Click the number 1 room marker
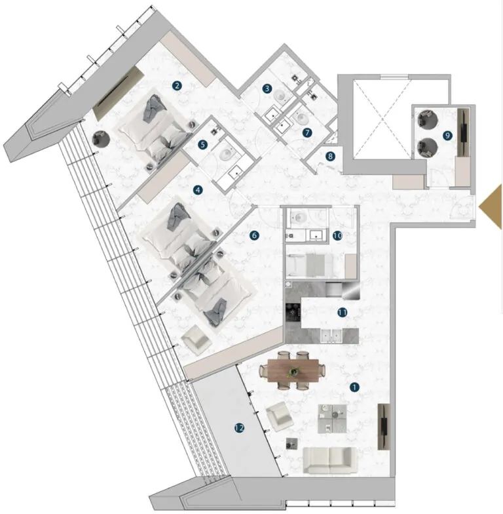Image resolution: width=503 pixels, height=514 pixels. pyautogui.click(x=355, y=387)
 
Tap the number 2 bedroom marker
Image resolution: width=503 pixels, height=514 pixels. pyautogui.click(x=176, y=85)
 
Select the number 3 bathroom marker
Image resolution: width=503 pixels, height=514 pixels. pyautogui.click(x=267, y=89)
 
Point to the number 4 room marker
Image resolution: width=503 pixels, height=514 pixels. pyautogui.click(x=198, y=190)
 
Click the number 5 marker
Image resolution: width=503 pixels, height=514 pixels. pyautogui.click(x=203, y=144)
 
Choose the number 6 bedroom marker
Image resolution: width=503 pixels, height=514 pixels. pyautogui.click(x=255, y=234)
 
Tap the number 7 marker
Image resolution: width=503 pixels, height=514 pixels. pyautogui.click(x=307, y=132)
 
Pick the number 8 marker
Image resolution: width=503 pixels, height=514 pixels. pyautogui.click(x=331, y=156)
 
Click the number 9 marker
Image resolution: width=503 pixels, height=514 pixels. pyautogui.click(x=447, y=135)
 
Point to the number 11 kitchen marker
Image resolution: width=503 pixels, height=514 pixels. pyautogui.click(x=342, y=313)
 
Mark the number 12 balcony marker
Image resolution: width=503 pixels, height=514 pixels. pyautogui.click(x=239, y=428)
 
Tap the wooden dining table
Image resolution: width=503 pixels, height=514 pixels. pyautogui.click(x=293, y=371)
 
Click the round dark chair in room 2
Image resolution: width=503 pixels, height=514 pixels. pyautogui.click(x=102, y=140)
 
